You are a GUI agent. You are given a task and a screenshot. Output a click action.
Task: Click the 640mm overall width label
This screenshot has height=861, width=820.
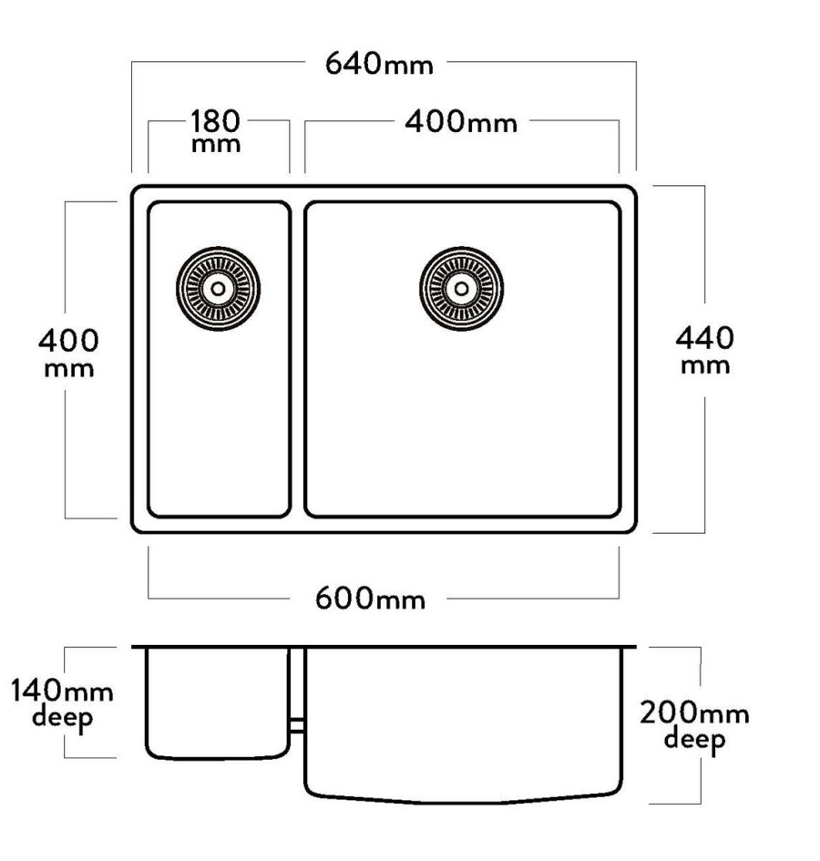[x=379, y=64]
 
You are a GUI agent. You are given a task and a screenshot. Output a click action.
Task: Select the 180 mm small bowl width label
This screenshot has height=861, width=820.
[x=216, y=131]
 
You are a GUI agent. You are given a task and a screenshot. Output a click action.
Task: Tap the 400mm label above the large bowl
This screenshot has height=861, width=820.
[x=461, y=122]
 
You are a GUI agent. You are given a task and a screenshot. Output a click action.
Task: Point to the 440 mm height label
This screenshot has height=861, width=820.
[x=704, y=351]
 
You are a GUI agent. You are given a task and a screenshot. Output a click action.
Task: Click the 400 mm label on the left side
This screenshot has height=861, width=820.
[x=68, y=354]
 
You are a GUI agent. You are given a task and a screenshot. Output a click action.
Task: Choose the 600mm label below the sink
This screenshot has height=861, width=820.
[x=370, y=598]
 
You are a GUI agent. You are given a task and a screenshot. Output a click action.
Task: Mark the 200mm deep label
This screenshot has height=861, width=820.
[x=694, y=726]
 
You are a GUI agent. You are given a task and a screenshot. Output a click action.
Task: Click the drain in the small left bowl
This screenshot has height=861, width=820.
[x=218, y=289]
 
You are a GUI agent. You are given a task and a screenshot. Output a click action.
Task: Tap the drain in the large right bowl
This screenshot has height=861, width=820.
[x=461, y=289]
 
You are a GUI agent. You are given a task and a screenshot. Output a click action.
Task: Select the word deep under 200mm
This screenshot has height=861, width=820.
[x=694, y=740]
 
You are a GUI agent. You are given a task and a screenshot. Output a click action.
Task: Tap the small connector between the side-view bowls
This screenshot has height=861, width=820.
[x=297, y=725]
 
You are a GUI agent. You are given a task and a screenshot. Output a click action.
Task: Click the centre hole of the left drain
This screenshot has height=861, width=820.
[x=218, y=289]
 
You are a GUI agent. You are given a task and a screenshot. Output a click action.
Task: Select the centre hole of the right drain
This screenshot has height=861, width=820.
[x=461, y=289]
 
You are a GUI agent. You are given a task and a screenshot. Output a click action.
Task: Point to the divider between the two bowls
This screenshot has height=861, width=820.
[x=297, y=360]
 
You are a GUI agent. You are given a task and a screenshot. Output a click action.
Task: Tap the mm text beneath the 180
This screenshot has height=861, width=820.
[x=216, y=146]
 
